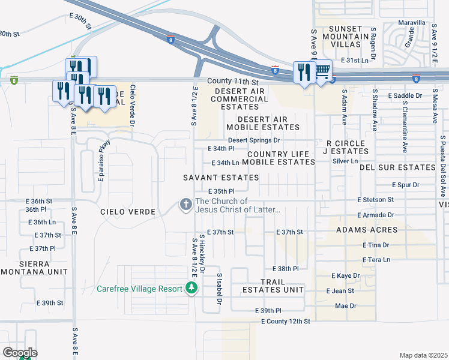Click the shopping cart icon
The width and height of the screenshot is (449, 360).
point(322,71)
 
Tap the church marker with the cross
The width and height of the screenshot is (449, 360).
point(186,205)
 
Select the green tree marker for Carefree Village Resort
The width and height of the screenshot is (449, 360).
point(191,289)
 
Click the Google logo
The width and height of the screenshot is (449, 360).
point(19,352)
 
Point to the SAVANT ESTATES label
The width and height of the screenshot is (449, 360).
point(221,178)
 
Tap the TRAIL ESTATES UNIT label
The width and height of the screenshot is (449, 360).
point(273,286)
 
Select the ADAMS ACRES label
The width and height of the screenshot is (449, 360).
point(367,230)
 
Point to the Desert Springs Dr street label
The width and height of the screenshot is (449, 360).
point(254,140)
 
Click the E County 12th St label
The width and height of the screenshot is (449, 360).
point(286,322)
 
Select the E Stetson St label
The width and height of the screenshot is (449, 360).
point(375,199)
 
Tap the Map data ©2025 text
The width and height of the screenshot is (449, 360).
point(423,355)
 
